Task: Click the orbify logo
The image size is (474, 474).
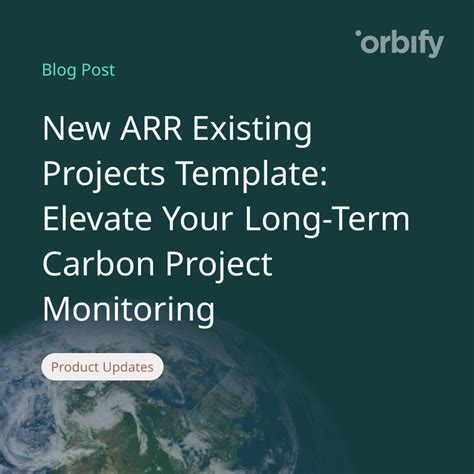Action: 399,44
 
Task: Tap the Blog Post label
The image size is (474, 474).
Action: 78,70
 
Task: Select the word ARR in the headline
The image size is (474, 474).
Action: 161,130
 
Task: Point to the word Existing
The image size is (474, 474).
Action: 258,130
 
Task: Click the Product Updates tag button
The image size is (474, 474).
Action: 102,367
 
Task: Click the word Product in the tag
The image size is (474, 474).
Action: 76,367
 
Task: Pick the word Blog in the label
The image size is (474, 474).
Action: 59,70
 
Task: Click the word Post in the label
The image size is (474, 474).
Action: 98,70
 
